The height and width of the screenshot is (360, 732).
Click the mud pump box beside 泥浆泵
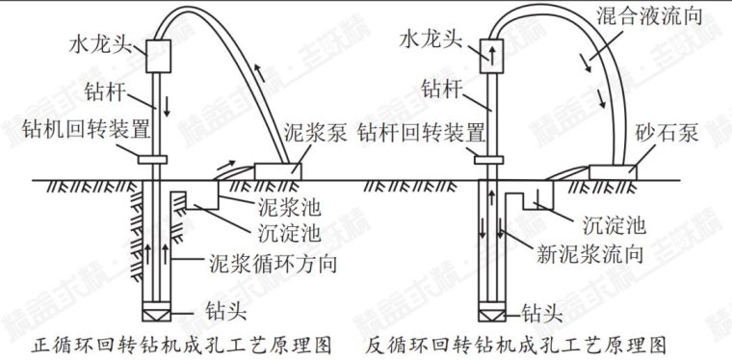click(x=274, y=170)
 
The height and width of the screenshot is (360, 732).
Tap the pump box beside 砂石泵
click(x=613, y=170)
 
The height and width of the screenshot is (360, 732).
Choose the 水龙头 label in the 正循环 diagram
click(x=99, y=43)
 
